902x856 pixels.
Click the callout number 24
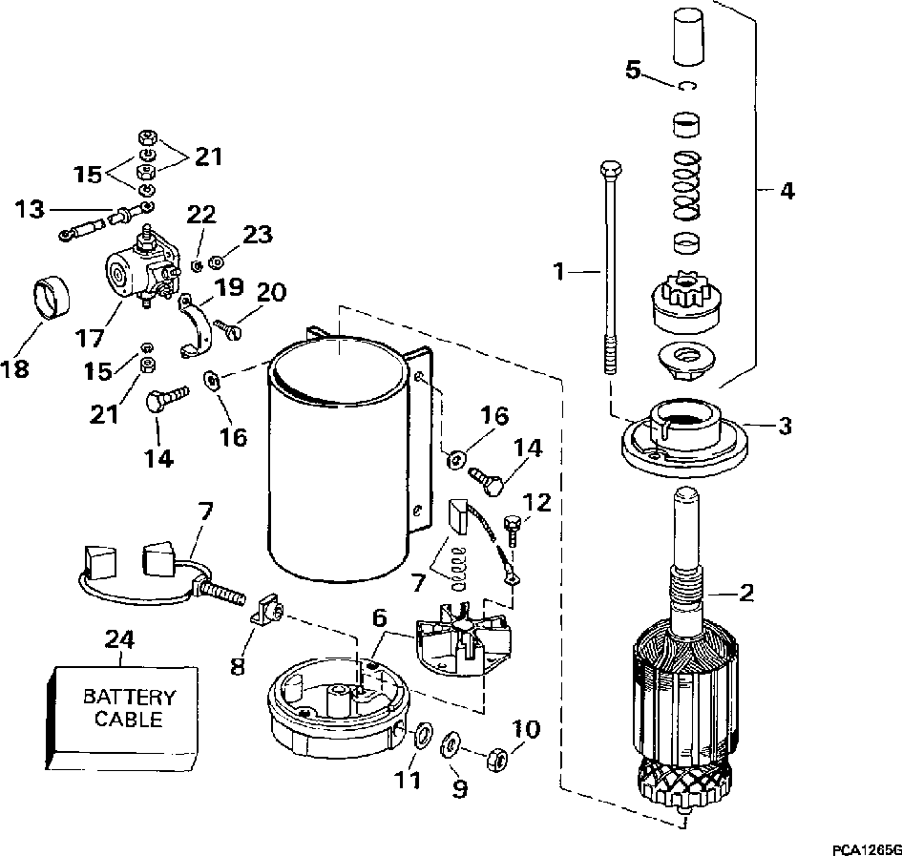(x=117, y=640)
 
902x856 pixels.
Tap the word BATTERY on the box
(x=128, y=698)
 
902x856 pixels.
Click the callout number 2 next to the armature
(x=746, y=595)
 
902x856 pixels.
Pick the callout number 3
(x=785, y=427)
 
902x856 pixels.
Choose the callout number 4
(x=786, y=190)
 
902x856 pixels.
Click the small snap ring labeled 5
(x=687, y=86)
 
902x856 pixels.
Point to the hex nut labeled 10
(x=496, y=759)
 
